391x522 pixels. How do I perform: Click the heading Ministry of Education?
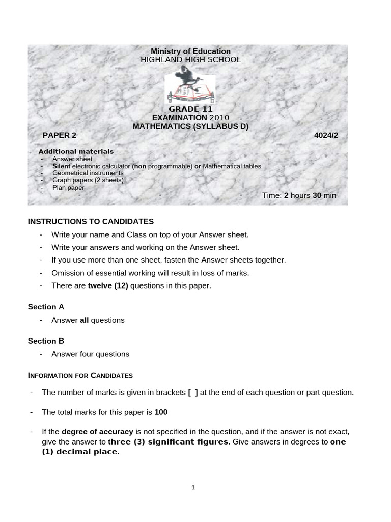coord(190,51)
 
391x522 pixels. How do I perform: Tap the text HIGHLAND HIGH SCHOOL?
coord(190,60)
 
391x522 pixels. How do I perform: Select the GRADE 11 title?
coord(190,109)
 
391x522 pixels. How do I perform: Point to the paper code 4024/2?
coord(327,135)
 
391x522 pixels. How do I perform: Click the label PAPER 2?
coord(59,135)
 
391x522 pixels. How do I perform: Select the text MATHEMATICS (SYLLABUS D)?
coord(190,126)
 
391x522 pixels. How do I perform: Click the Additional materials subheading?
coord(76,151)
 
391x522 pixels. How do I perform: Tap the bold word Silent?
coord(61,166)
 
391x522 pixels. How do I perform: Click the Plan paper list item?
coord(68,188)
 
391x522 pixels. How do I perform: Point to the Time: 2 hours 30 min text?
coord(299,195)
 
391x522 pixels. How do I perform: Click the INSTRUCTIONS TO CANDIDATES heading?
coord(90,221)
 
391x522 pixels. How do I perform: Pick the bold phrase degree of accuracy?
coord(97,431)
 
